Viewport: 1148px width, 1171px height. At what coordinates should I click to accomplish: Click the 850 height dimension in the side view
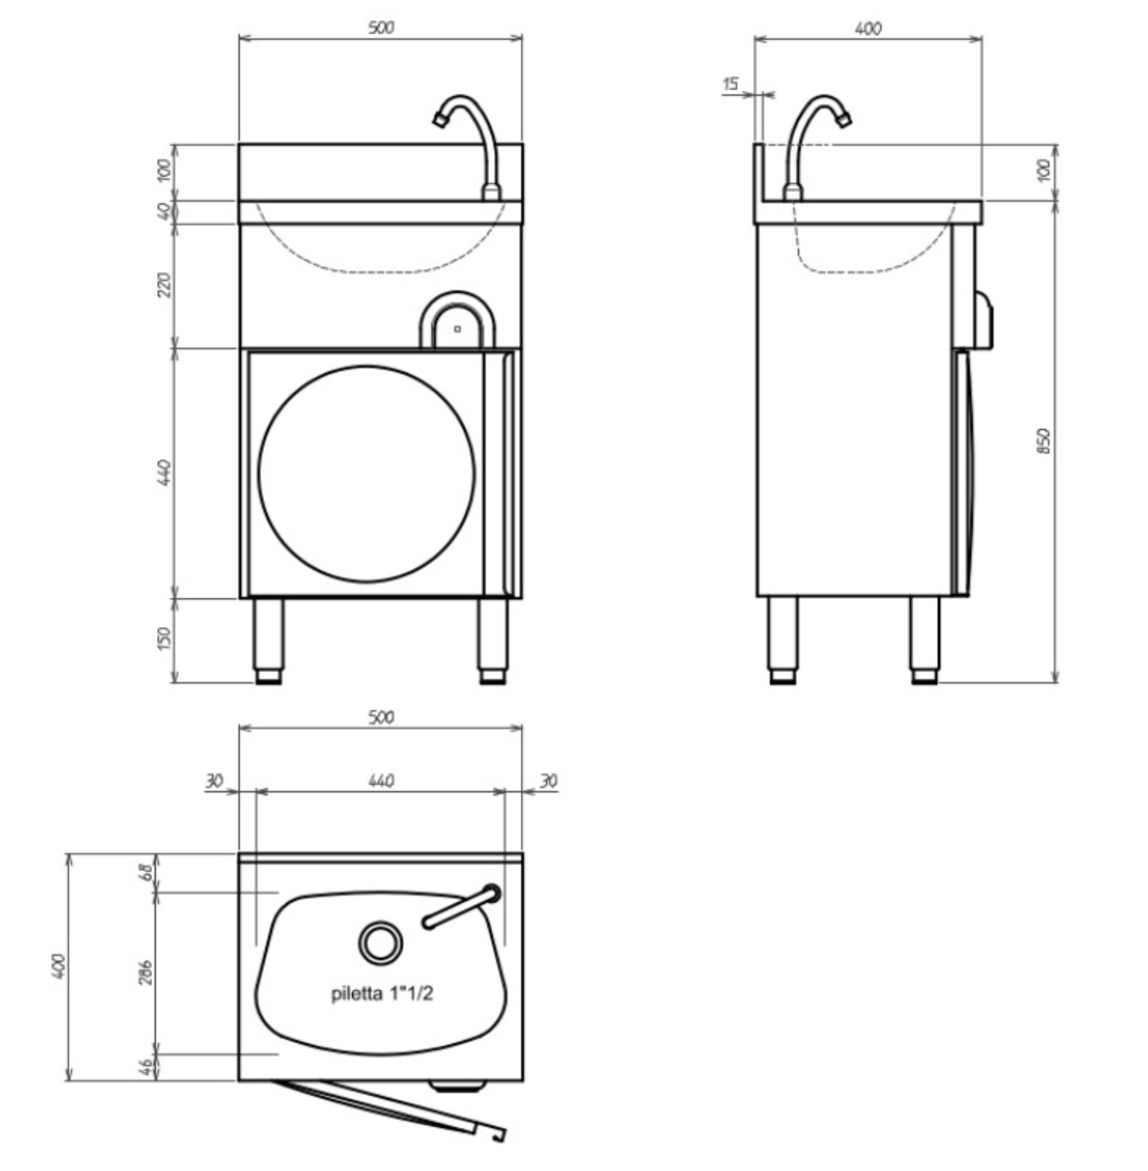pos(1045,441)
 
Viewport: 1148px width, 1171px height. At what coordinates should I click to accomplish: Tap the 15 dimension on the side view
pos(730,84)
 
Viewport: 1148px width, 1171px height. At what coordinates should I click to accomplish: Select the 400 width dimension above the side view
pos(868,28)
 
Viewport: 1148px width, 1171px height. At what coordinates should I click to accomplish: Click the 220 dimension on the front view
pos(164,285)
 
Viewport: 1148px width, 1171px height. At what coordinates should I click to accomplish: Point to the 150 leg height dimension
pos(164,638)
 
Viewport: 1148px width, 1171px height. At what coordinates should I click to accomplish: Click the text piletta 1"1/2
pos(381,994)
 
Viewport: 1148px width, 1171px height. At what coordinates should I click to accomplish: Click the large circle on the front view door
pos(367,474)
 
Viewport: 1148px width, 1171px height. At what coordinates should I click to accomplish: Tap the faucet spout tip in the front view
pos(439,119)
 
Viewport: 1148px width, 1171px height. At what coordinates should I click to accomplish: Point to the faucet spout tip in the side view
pos(844,121)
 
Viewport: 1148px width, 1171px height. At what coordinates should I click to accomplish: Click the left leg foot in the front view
pos(269,677)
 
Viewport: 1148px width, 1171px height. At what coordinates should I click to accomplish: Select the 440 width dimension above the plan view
pos(381,780)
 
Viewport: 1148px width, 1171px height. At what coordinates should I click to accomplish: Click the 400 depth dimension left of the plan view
pos(59,967)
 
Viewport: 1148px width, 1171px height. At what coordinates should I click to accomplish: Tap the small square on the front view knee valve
pos(457,329)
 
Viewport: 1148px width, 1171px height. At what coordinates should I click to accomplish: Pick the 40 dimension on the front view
pos(164,211)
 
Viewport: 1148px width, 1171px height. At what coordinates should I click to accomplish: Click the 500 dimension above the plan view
pos(381,717)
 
